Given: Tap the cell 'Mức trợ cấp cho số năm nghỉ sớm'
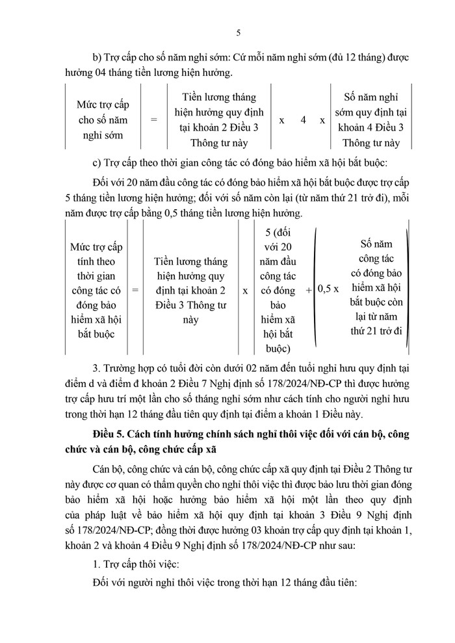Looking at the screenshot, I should pyautogui.click(x=102, y=120).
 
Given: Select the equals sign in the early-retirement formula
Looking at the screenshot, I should pyautogui.click(x=154, y=120).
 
